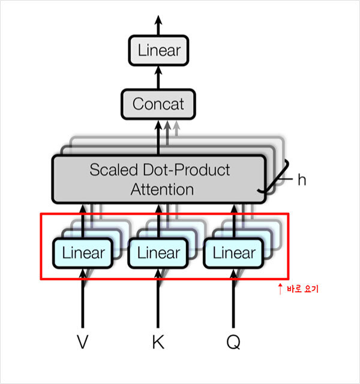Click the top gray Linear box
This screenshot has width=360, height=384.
click(x=158, y=50)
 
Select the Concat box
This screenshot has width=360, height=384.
click(x=158, y=104)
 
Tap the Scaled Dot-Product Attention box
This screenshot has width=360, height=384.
click(x=159, y=179)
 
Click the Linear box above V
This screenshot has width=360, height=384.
click(x=83, y=253)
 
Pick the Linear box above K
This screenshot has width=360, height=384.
click(x=158, y=253)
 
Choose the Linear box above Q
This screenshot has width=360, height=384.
click(x=234, y=253)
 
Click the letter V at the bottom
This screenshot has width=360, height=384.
click(x=83, y=342)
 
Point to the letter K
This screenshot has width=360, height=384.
click(x=158, y=342)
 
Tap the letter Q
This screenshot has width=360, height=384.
click(x=234, y=342)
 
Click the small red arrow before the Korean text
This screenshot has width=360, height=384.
click(x=279, y=289)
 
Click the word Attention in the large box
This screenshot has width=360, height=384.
click(x=162, y=190)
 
